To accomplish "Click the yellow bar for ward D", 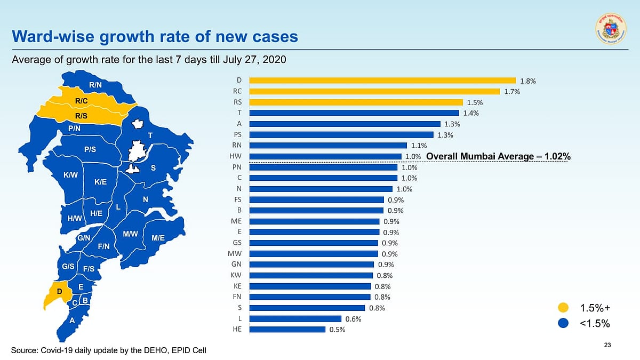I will pos(382,81).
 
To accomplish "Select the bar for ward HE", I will pos(287,329).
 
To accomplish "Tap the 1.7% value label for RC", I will pos(512,92).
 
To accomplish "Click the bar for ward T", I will pos(354,113).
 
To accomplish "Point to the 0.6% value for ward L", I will pos(354,319).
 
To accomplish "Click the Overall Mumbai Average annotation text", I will pos(499,156).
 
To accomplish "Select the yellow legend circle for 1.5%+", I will pos(563,308).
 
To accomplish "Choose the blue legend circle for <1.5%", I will pos(563,323).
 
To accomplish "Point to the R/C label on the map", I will pos(82,100).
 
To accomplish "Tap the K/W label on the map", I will pos(70,175).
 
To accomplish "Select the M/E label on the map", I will pos(158,238).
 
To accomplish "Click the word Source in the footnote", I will pos(25,350).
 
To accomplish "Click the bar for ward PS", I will pos(341,134).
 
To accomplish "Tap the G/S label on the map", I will pos(68,266).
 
